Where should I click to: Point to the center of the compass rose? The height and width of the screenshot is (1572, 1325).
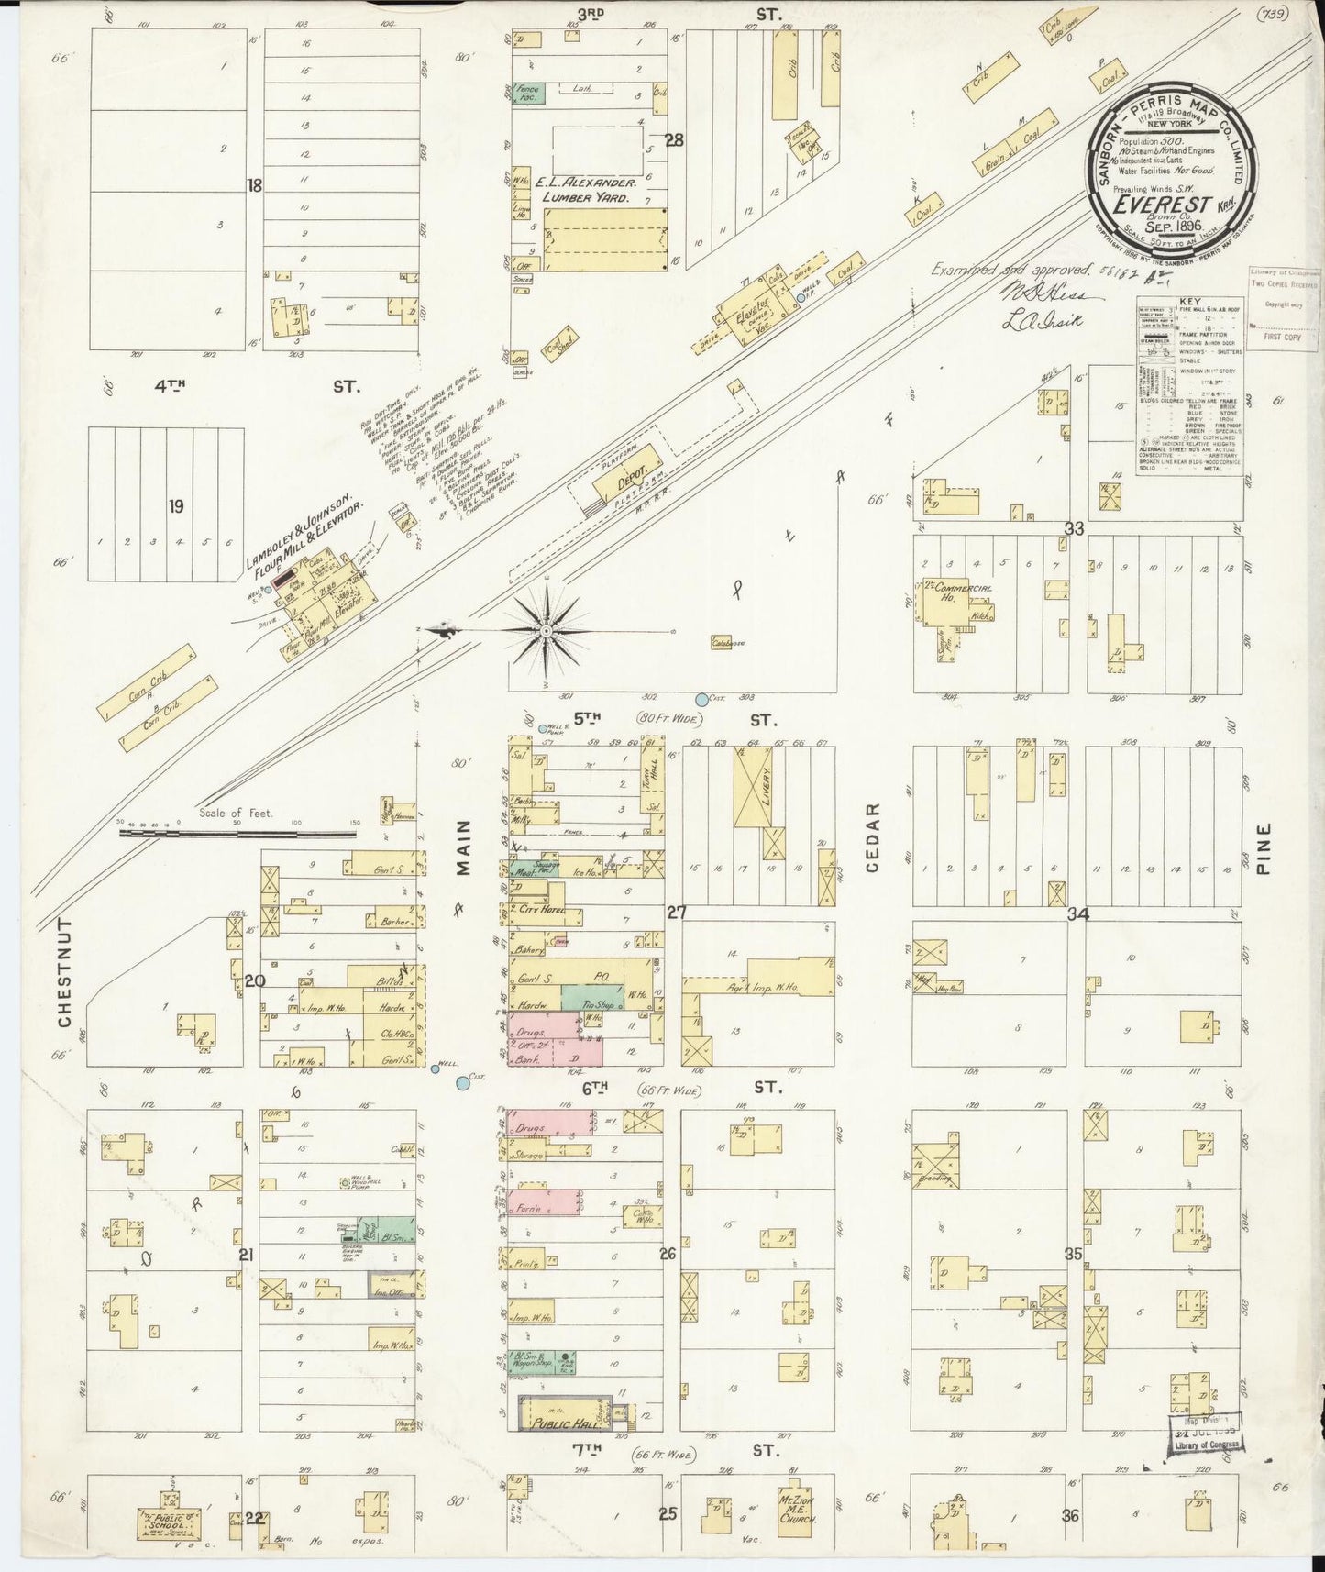click(546, 630)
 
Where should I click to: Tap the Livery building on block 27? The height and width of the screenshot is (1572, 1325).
click(760, 785)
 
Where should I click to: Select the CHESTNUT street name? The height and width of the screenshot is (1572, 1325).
click(65, 972)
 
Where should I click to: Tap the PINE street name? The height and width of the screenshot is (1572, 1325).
click(1264, 848)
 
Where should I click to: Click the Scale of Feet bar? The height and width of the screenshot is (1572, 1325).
click(238, 834)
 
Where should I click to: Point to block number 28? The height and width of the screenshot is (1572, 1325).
click(675, 140)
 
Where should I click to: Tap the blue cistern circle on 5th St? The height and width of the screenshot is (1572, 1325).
click(702, 700)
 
